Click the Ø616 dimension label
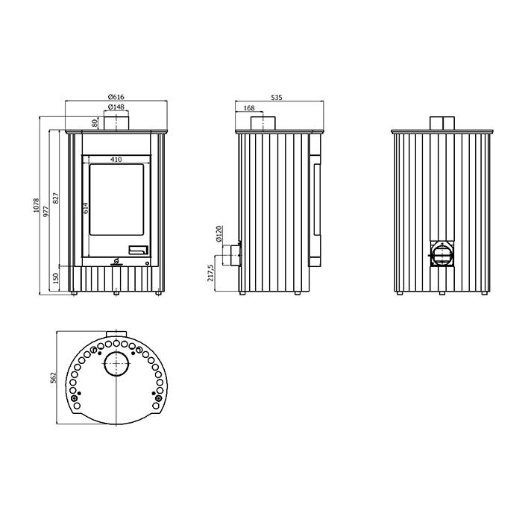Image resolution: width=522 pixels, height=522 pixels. [116, 97]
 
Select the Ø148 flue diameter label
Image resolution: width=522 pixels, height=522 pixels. [116, 107]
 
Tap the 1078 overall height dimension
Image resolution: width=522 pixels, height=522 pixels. [36, 206]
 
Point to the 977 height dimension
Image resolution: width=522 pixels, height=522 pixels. [46, 211]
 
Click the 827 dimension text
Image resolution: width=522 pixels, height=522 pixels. [56, 198]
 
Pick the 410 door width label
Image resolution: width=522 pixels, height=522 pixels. [116, 160]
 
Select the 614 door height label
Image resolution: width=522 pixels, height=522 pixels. [86, 208]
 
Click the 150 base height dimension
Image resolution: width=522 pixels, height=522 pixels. [56, 278]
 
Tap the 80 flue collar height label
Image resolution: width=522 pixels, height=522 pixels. [95, 123]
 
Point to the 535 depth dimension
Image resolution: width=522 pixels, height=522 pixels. [277, 97]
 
